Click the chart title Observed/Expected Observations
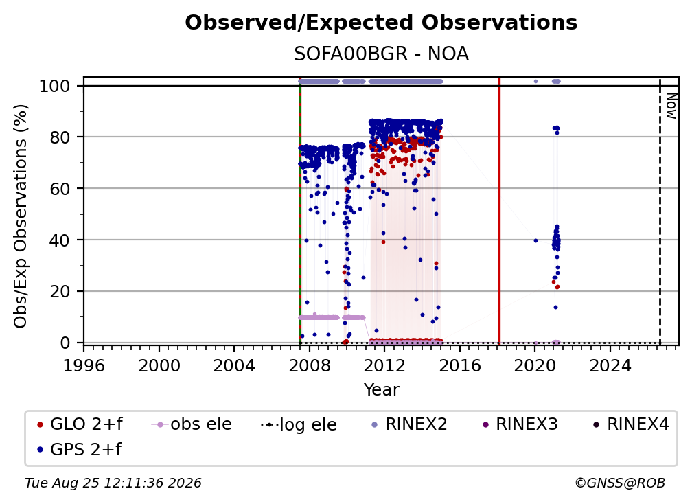click(381, 23)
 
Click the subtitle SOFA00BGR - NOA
click(381, 54)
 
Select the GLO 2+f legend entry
click(80, 424)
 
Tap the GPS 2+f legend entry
click(79, 449)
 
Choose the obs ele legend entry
click(192, 424)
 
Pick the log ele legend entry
click(299, 424)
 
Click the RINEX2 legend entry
click(409, 424)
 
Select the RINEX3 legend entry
click(520, 424)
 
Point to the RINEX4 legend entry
click(631, 424)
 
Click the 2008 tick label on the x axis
click(310, 366)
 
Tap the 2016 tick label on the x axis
click(460, 366)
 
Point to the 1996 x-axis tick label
click(84, 366)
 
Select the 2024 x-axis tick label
click(610, 366)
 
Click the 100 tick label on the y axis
click(55, 86)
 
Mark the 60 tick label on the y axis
click(60, 189)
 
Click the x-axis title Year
click(381, 390)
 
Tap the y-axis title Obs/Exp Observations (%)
click(21, 216)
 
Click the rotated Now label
click(671, 106)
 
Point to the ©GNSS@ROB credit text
click(620, 483)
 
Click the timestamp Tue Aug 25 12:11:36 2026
click(113, 483)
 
